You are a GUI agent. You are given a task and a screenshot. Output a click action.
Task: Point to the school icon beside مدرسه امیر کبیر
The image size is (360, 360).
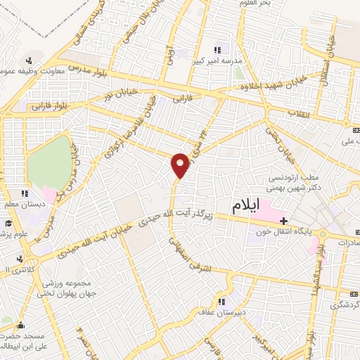(217, 50)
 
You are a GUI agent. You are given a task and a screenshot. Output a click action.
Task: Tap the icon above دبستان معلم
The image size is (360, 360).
(25, 193)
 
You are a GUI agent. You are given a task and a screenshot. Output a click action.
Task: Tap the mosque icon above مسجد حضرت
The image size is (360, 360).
(20, 326)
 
